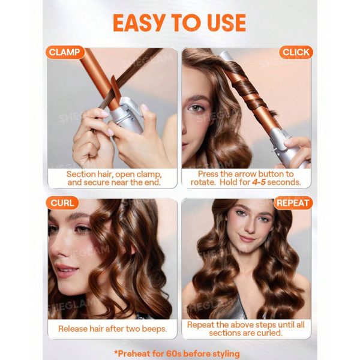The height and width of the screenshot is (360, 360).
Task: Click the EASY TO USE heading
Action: [179, 22]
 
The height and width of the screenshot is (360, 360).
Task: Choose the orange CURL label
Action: [62, 203]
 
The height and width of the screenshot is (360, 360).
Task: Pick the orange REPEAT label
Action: [292, 203]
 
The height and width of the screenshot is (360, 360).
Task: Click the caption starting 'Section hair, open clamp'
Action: [113, 178]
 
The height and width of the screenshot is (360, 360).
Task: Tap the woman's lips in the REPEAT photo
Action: [246, 238]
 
